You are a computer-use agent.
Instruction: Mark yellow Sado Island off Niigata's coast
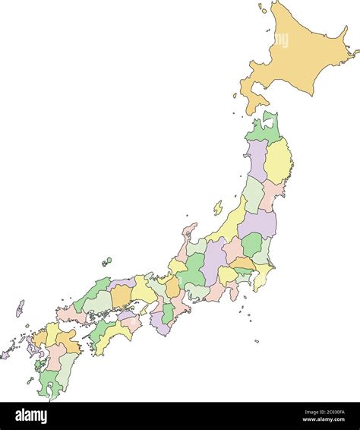(218, 207)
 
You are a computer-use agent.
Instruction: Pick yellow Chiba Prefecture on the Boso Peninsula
(263, 277)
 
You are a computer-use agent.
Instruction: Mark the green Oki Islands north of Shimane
(106, 262)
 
